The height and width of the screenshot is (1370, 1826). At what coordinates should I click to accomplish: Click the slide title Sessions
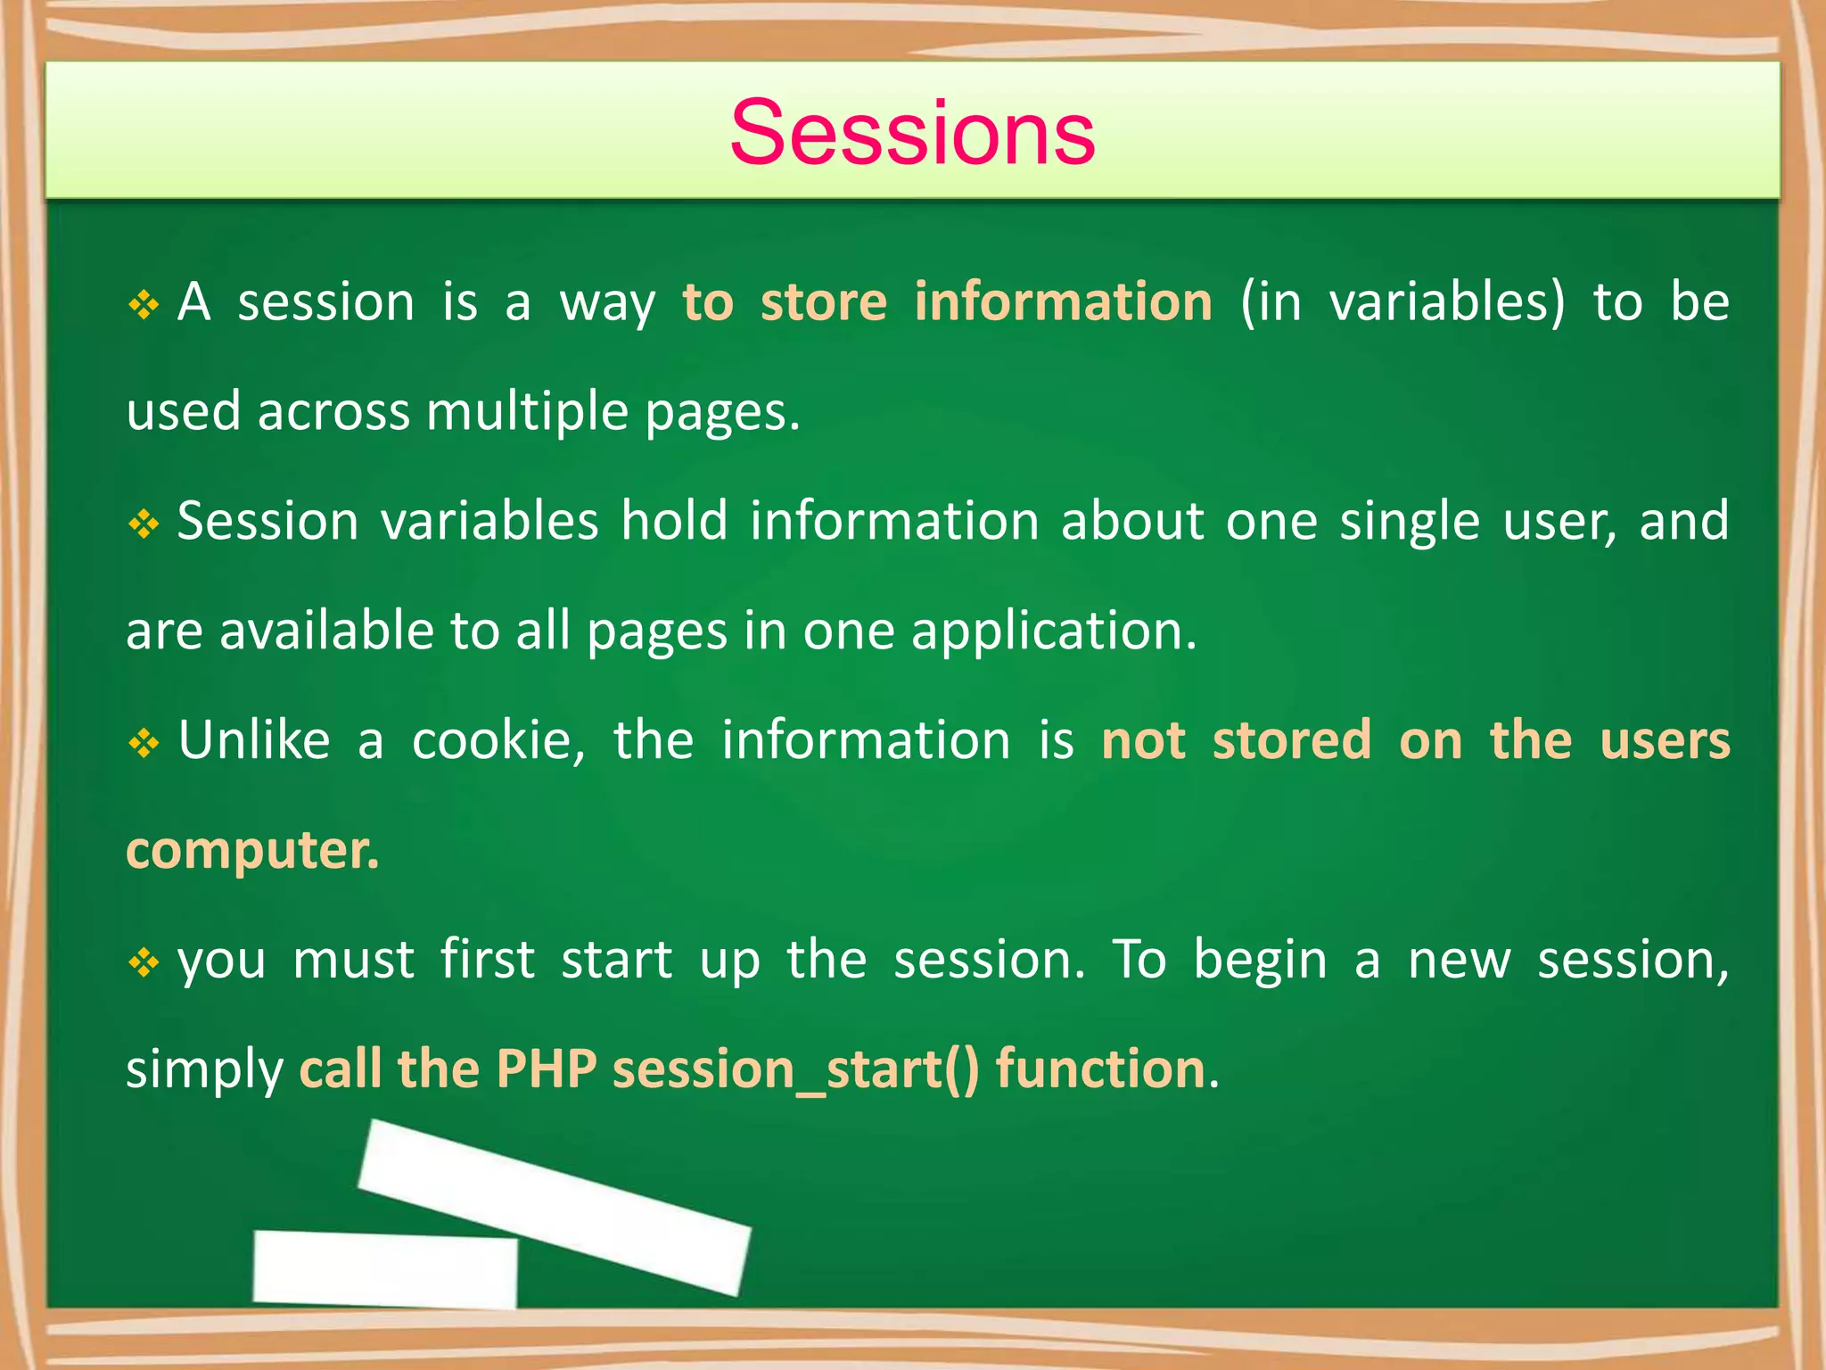[x=912, y=133]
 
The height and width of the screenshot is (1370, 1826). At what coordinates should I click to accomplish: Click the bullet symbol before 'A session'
[x=144, y=305]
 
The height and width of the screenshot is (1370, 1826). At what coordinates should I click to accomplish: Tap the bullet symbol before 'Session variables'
[x=144, y=524]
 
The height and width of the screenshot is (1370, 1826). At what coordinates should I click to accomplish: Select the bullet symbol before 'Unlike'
[x=144, y=743]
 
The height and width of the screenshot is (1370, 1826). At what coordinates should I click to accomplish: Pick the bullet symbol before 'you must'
[x=144, y=962]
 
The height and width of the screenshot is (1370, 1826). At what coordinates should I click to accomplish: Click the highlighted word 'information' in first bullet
[x=1063, y=301]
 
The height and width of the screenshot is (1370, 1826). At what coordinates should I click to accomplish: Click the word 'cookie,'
[x=498, y=740]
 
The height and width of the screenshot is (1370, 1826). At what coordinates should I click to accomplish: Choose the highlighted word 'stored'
[x=1291, y=740]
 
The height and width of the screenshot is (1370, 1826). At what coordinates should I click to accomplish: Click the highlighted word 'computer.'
[x=253, y=851]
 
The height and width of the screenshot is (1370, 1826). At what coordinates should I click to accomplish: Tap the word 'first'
[x=488, y=960]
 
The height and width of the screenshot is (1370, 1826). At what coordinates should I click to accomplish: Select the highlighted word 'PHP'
[x=546, y=1069]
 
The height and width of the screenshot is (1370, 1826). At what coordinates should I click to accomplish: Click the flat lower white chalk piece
[x=385, y=1269]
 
